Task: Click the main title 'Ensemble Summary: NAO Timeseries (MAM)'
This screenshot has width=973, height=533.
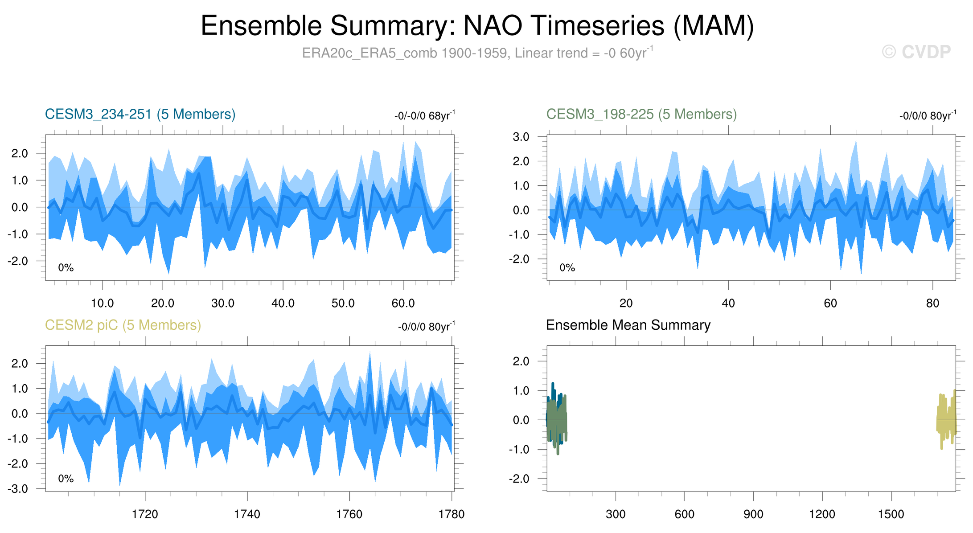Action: coord(477,26)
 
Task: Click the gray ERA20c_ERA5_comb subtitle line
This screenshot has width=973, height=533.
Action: coord(477,53)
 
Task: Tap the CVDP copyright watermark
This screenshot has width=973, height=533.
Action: coord(916,52)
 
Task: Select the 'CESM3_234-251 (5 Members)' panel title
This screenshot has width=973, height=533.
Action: coord(140,114)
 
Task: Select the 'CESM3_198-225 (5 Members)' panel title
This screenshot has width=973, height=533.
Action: coord(641,114)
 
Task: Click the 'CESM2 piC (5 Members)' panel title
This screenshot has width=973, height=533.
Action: coord(123,325)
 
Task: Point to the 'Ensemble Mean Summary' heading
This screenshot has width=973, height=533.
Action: coord(628,325)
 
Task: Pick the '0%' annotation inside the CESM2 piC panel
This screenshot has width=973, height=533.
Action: coord(66,479)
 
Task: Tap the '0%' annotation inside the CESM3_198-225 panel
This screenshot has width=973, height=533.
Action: coord(567,268)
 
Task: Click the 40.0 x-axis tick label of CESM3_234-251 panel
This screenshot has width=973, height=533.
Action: coord(283,303)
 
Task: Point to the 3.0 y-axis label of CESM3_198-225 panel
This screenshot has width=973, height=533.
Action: coord(521,137)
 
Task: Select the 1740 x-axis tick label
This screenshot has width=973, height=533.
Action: coord(247,514)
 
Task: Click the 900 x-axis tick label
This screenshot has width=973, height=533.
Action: coord(753,514)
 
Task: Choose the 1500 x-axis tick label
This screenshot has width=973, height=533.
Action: coord(891,514)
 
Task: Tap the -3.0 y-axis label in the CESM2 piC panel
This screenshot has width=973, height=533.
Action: coord(18,489)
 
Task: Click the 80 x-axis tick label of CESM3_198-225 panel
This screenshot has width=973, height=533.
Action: coord(932,303)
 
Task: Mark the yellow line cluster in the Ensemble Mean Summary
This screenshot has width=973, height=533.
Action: coord(946,419)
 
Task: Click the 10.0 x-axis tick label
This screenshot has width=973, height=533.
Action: coord(102,303)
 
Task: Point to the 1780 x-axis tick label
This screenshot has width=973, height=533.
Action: coord(452,514)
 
